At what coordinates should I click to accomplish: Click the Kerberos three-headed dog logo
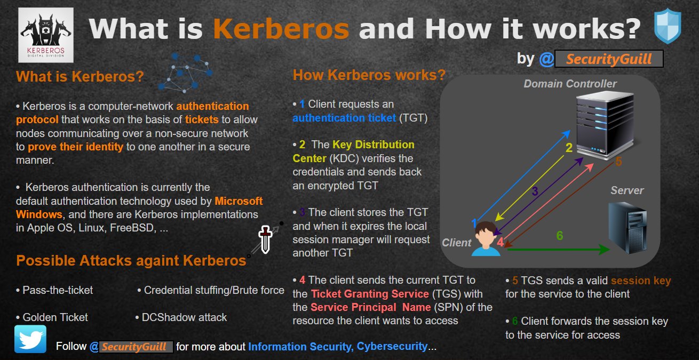click(46, 35)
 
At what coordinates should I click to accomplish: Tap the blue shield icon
click(668, 26)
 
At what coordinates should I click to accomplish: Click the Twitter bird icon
click(30, 339)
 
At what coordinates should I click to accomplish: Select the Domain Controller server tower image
click(605, 125)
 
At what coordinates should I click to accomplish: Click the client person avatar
click(486, 238)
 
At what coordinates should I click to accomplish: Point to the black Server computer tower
click(627, 227)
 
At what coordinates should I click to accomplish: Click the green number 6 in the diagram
click(560, 236)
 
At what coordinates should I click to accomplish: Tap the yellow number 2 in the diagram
click(569, 148)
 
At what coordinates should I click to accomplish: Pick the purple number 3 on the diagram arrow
click(535, 191)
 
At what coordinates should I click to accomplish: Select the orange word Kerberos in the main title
click(281, 29)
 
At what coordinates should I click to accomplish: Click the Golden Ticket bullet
click(52, 317)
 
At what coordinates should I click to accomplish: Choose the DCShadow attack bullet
click(181, 317)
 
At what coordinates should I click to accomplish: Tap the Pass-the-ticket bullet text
click(54, 290)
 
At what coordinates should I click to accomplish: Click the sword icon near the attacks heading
click(266, 239)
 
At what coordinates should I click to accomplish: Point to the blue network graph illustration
click(186, 73)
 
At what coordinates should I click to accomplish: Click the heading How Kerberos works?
click(369, 75)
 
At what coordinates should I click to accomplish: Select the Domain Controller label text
click(570, 84)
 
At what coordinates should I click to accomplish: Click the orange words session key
click(641, 281)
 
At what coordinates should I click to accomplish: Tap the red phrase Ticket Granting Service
click(370, 294)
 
